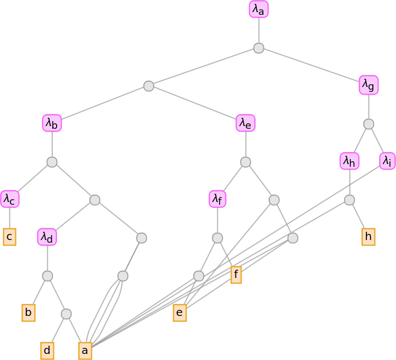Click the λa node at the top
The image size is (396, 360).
point(258,9)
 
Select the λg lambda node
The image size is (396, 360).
point(369,85)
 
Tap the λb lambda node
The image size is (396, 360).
point(52,123)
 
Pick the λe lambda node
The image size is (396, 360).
point(245,123)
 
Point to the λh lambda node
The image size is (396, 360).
point(349,161)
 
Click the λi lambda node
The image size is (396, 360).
point(387,161)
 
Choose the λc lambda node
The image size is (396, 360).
point(9,199)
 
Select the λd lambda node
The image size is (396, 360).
point(47,237)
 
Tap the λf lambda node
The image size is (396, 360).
point(217,199)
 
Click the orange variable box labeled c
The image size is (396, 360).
point(9,237)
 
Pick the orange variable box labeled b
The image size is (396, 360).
point(29,313)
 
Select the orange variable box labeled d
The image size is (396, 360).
point(47,351)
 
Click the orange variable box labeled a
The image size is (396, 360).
point(85,351)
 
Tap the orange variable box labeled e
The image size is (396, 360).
point(179,313)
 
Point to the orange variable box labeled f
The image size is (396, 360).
point(236,275)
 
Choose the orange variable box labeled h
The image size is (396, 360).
point(369,237)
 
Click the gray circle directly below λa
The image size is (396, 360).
point(258,48)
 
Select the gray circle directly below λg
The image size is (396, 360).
point(369,124)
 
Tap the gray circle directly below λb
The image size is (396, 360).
point(52,162)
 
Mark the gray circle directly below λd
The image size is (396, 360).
point(47,275)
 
